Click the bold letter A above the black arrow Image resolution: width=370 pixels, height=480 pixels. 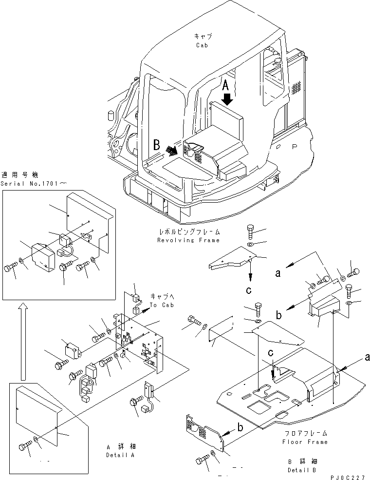(x=226, y=86)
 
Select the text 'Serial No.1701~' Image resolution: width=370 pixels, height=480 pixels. (x=22, y=184)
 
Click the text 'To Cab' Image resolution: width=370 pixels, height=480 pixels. (x=159, y=305)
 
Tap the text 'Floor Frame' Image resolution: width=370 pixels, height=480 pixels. (x=305, y=442)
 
